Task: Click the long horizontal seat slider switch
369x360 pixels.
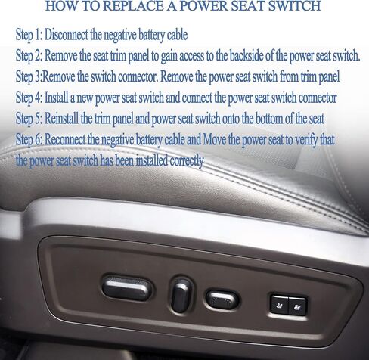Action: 127,287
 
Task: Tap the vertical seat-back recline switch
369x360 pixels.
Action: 181,295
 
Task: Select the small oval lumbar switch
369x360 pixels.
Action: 222,299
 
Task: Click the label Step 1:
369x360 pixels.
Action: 29,35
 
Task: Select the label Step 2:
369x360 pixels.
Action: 29,56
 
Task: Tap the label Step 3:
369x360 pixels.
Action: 29,76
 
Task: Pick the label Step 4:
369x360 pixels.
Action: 29,98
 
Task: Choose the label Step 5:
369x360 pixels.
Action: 29,119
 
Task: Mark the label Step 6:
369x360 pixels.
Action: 29,139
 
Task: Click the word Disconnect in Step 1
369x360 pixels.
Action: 67,35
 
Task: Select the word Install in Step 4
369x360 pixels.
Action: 56,98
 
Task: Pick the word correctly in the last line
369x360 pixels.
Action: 187,160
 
